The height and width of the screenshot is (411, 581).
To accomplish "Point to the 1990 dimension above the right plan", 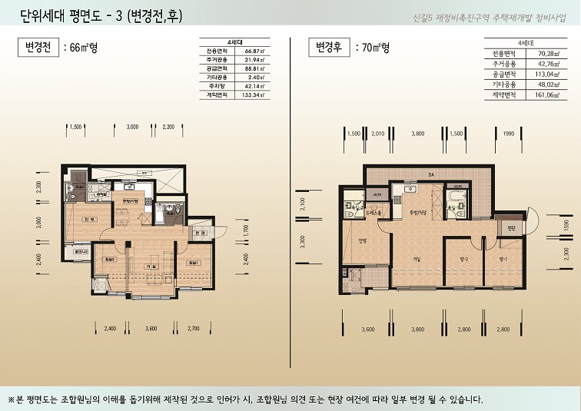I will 509,134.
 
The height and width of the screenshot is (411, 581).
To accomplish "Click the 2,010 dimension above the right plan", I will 377,134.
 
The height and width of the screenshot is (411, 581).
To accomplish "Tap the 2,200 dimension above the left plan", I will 168,126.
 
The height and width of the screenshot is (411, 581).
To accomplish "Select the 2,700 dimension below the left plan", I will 193,328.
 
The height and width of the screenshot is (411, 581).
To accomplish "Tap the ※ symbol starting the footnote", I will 12,399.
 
